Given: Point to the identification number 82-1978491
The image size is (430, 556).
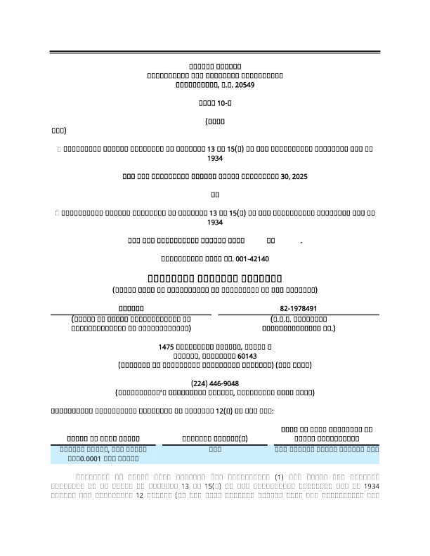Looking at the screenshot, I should pos(299,308).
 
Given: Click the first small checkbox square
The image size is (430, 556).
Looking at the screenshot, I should pos(57,149).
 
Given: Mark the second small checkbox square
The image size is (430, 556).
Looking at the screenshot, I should pos(57,212).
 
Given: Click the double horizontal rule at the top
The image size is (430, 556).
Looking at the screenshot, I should pos(215,53).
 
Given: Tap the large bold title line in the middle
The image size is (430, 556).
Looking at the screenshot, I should pos(215,278).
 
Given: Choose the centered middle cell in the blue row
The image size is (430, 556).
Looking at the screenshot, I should pos(216,447).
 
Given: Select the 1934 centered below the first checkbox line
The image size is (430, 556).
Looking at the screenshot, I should pos(215,159).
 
